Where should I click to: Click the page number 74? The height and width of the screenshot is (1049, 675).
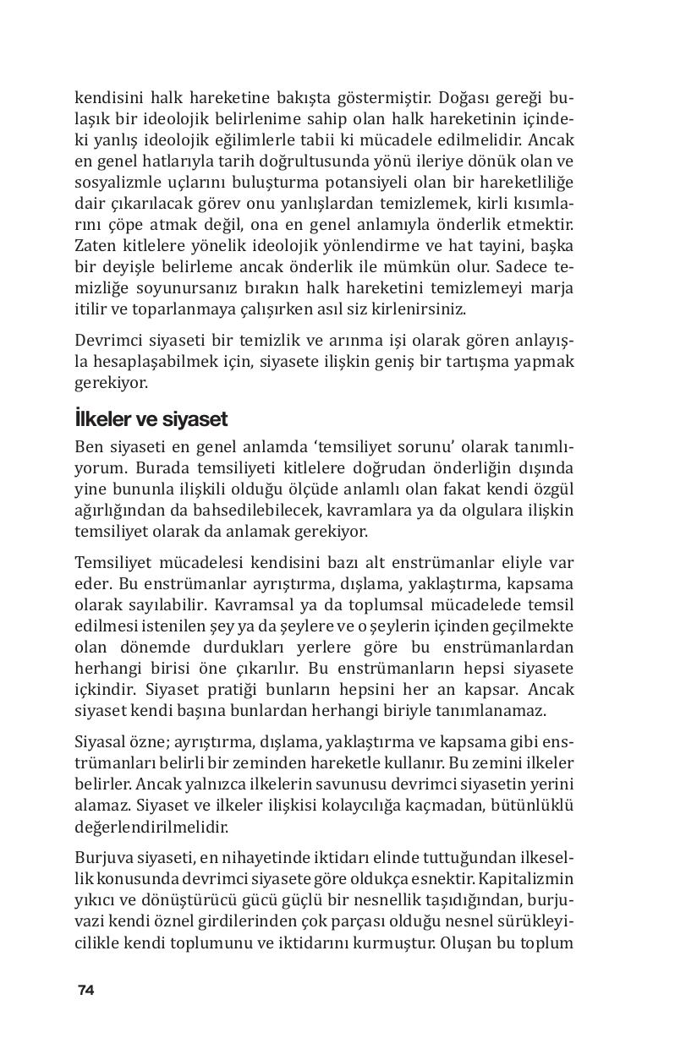(85, 991)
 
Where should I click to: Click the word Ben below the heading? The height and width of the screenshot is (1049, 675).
(89, 446)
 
